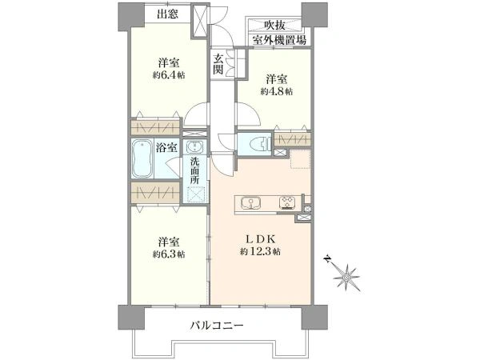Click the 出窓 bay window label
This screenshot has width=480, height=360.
(x=167, y=14)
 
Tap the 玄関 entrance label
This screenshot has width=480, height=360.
(x=218, y=64)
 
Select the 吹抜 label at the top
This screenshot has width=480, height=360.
(x=275, y=25)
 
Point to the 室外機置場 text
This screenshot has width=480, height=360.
(x=279, y=41)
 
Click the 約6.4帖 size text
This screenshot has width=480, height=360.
(x=169, y=75)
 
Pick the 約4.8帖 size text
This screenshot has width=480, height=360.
(x=277, y=91)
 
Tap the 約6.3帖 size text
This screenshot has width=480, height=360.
(x=169, y=254)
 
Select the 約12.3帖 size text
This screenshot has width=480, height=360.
(x=260, y=252)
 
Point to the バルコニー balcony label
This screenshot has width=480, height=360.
(x=217, y=325)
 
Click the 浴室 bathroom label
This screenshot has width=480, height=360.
(x=166, y=148)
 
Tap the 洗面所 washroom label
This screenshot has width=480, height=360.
(x=195, y=171)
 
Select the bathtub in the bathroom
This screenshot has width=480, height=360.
(x=142, y=158)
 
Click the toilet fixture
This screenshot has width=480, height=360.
(x=259, y=143)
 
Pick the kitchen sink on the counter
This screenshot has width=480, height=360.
(x=251, y=203)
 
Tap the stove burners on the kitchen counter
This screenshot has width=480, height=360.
(x=288, y=202)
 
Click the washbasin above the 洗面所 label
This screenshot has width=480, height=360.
(x=194, y=147)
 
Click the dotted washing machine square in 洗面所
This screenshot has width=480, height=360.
(x=196, y=195)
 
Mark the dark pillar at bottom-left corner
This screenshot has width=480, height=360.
(x=131, y=317)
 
